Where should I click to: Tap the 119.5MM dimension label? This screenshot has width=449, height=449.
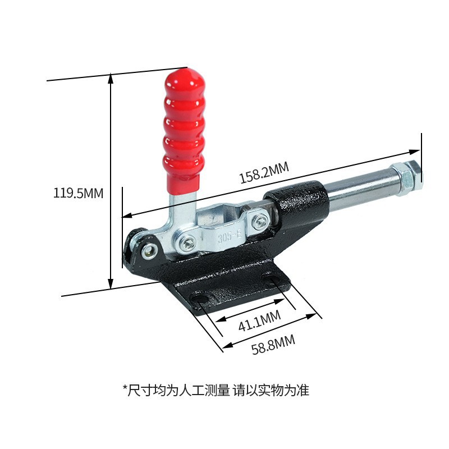[79, 194]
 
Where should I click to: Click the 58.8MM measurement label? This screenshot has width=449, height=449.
[273, 344]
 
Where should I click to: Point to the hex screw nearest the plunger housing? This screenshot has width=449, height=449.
[259, 222]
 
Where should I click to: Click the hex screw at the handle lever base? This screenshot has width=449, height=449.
[187, 242]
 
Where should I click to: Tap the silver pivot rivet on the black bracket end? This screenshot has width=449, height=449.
[149, 251]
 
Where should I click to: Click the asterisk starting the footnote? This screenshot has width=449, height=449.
[125, 388]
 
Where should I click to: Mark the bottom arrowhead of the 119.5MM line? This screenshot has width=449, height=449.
[111, 285]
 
